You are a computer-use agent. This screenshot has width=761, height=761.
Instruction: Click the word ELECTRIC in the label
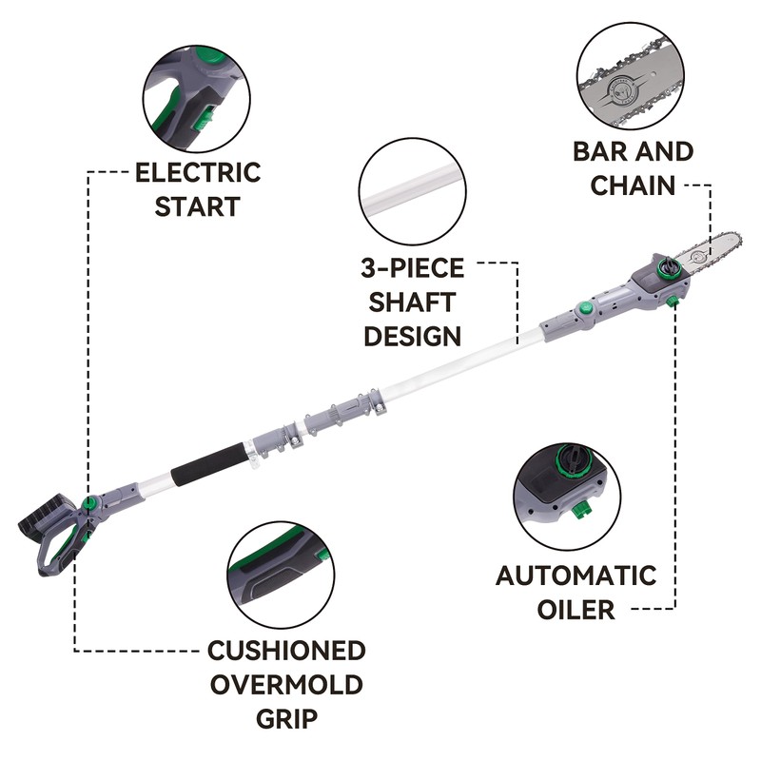(x=198, y=173)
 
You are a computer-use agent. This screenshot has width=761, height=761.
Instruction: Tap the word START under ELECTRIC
(x=198, y=206)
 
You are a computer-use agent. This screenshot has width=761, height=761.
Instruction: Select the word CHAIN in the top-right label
(x=633, y=185)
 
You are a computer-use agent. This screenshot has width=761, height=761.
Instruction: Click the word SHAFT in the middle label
(x=412, y=302)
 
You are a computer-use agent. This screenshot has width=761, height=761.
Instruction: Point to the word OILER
(x=576, y=610)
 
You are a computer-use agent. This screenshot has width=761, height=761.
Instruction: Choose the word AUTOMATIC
(x=576, y=576)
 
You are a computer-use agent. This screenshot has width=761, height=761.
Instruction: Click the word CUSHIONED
(x=286, y=651)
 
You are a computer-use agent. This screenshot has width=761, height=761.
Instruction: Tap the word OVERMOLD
(x=286, y=685)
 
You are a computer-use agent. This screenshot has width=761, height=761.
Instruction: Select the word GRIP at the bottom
(x=286, y=719)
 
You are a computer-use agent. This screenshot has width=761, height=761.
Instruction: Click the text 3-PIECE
(x=413, y=268)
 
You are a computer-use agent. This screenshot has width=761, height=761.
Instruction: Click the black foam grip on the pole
(x=209, y=465)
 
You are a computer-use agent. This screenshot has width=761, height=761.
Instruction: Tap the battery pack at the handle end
(x=46, y=518)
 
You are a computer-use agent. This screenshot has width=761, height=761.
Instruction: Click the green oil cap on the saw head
(x=665, y=268)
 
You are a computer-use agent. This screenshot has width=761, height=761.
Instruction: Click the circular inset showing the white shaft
(x=413, y=192)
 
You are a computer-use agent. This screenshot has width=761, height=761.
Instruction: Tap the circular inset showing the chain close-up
(x=631, y=76)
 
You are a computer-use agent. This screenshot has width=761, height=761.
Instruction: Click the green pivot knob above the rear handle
(x=89, y=502)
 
